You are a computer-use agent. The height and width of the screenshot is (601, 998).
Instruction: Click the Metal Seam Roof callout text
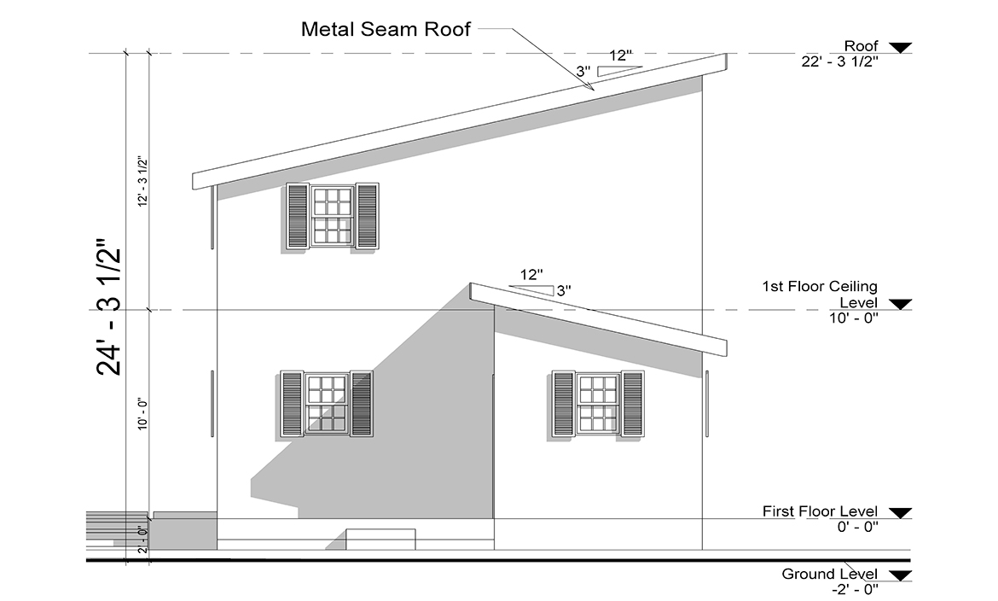(x=386, y=29)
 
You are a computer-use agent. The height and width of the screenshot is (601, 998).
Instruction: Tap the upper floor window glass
(x=333, y=216)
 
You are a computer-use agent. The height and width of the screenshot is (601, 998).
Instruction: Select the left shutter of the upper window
(x=298, y=217)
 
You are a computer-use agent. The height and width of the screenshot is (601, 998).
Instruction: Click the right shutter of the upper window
(x=367, y=216)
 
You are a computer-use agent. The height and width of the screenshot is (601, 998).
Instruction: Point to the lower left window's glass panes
(x=327, y=403)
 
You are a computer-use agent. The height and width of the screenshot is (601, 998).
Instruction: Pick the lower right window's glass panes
(x=599, y=403)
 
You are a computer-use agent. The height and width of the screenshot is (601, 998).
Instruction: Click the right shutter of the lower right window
(x=633, y=403)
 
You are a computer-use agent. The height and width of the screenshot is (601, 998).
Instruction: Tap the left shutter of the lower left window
(x=292, y=403)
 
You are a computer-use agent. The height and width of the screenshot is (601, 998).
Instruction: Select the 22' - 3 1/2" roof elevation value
(x=840, y=61)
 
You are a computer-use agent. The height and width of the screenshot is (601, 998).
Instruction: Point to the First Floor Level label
(x=819, y=511)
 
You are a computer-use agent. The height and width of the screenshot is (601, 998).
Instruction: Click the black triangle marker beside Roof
(x=899, y=47)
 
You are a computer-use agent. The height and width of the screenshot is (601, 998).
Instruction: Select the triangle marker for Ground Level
(x=899, y=575)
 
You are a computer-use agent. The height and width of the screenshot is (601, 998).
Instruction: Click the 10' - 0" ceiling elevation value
(x=853, y=318)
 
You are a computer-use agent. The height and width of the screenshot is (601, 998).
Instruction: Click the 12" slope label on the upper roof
(x=620, y=56)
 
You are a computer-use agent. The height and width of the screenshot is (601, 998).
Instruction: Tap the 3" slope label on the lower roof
(x=563, y=290)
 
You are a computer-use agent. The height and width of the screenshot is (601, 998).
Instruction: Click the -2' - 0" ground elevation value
(x=855, y=589)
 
